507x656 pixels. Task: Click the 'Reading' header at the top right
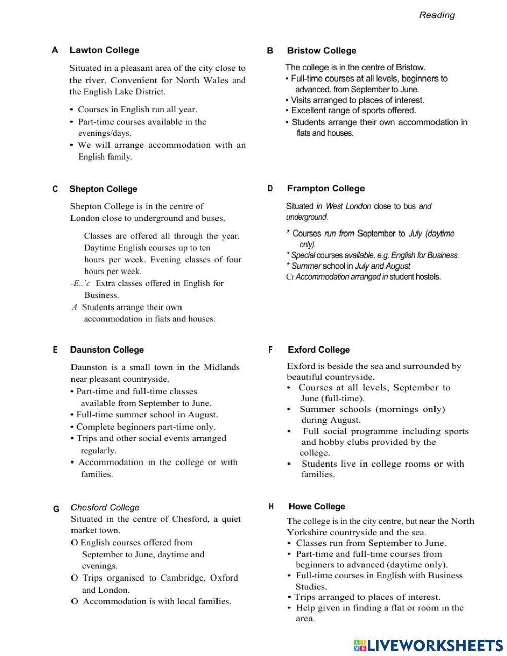tap(437, 15)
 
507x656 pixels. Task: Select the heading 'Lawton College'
tap(104, 50)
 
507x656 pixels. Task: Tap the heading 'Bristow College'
tap(321, 51)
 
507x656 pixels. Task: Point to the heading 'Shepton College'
tap(103, 189)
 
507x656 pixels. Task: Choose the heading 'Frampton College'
tap(326, 189)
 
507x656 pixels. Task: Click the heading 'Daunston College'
tap(107, 350)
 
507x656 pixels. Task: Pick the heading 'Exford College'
tap(319, 350)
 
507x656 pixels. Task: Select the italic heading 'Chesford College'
tap(105, 508)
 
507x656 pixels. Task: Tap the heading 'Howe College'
tap(317, 507)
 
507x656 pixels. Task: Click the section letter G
tap(56, 509)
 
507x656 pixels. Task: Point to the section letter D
tap(270, 189)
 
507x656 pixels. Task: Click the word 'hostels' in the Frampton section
tap(427, 277)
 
